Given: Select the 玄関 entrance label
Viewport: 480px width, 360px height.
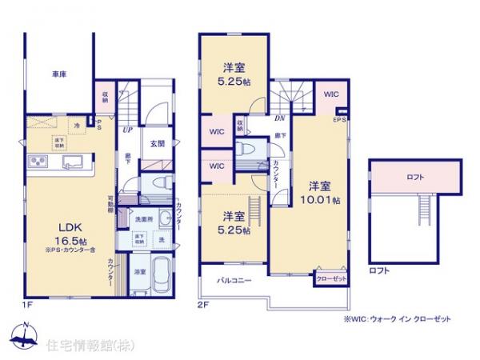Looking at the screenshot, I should pyautogui.click(x=157, y=144).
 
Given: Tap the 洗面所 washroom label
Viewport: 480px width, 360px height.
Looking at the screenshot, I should pyautogui.click(x=143, y=219).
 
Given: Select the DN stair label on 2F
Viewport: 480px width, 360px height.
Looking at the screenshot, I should pyautogui.click(x=280, y=117).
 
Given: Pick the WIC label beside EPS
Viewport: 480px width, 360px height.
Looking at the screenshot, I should pyautogui.click(x=332, y=94).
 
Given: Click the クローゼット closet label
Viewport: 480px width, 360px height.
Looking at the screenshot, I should pyautogui.click(x=330, y=278).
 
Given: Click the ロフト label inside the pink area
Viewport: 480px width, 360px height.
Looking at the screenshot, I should pyautogui.click(x=415, y=177).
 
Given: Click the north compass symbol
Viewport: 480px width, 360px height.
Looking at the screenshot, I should pyautogui.click(x=25, y=334).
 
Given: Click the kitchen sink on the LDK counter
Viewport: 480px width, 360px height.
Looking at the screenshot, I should pyautogui.click(x=71, y=163).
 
